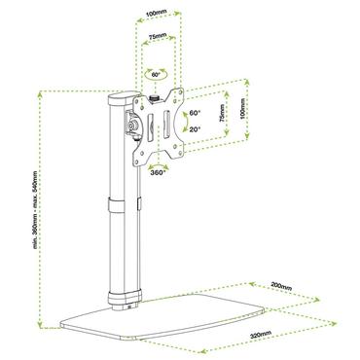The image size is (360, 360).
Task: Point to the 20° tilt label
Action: pos(195,128)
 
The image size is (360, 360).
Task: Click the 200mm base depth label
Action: pos(281,288)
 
